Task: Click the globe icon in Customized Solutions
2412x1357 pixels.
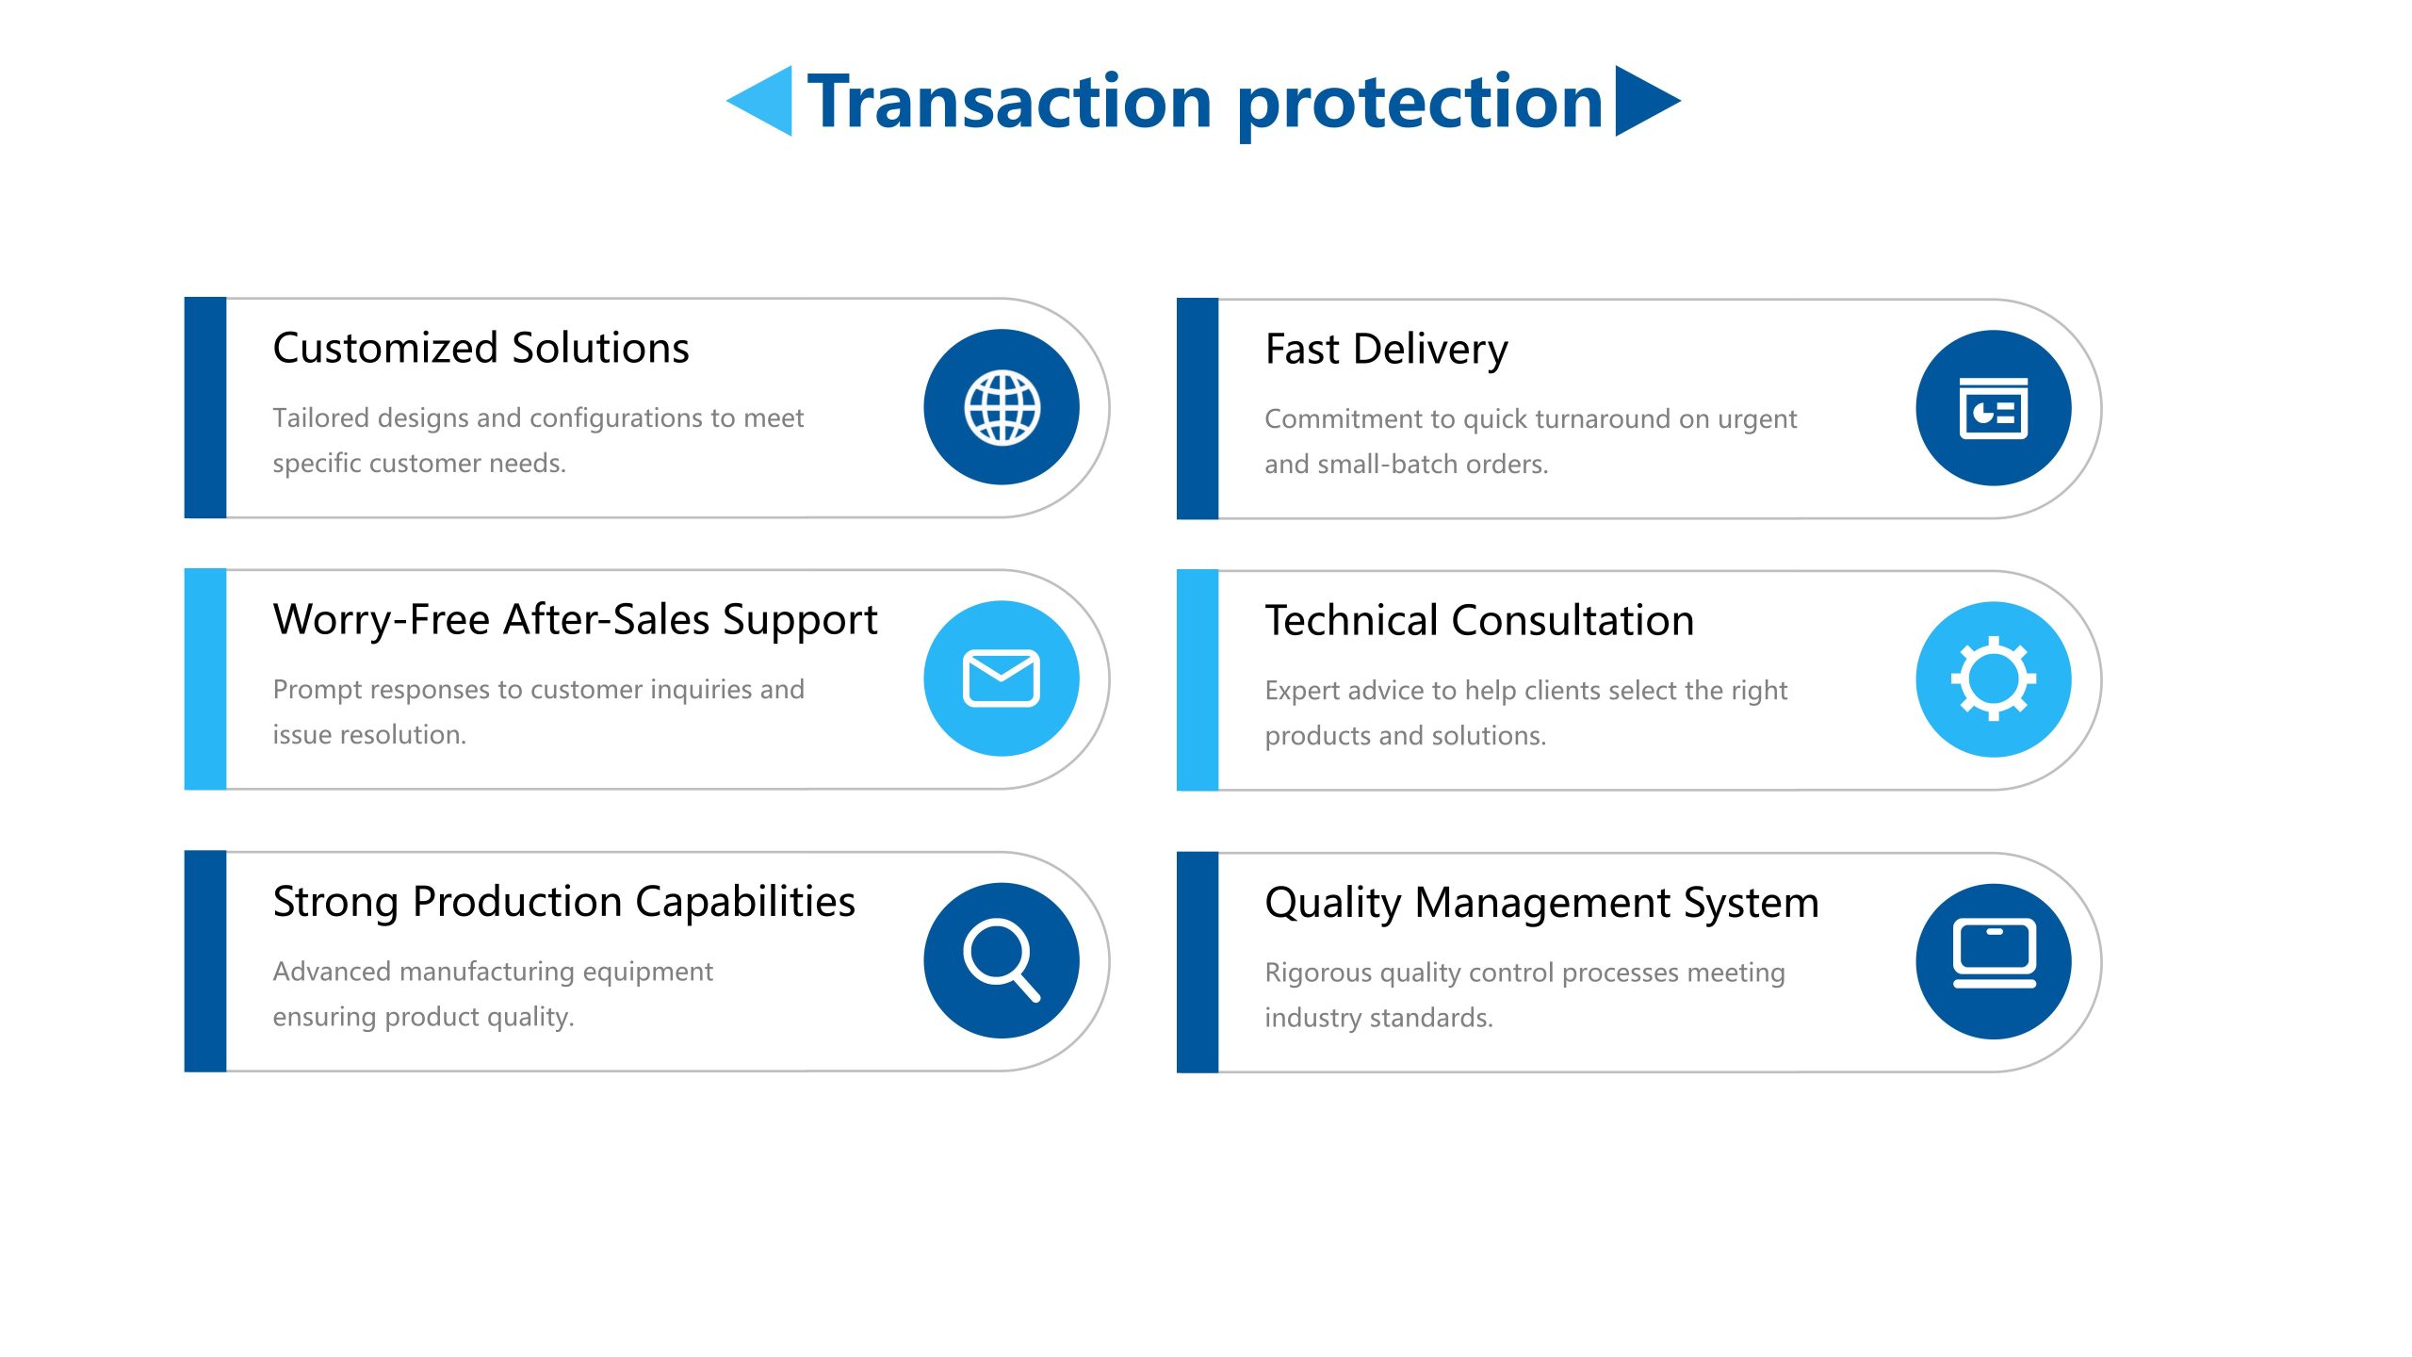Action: [1002, 407]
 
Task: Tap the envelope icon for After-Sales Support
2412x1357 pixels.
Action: [1002, 678]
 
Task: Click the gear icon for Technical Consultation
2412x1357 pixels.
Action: [1994, 678]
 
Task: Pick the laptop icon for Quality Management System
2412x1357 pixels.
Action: [1994, 953]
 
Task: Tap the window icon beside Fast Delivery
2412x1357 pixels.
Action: [1994, 408]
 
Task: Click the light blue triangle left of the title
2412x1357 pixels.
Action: [759, 101]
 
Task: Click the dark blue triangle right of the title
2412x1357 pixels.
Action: [1648, 101]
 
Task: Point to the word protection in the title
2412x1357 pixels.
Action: [1420, 106]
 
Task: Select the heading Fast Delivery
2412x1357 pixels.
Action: [1386, 350]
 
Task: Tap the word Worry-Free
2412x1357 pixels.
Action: [382, 621]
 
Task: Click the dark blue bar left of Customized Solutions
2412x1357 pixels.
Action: [205, 408]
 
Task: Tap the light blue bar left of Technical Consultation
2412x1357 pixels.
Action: [1198, 679]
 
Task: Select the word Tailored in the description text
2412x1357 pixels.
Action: [320, 417]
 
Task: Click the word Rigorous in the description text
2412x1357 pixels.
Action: [1318, 973]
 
